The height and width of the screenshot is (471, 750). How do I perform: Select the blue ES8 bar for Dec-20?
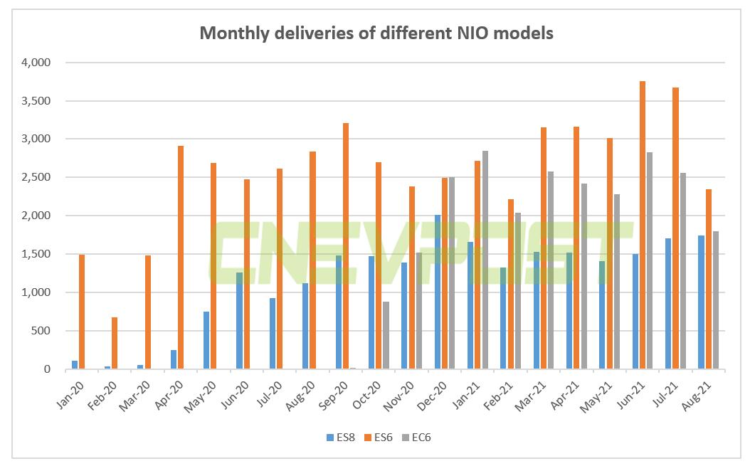pos(438,292)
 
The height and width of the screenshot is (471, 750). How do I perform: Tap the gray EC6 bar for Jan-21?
pos(485,260)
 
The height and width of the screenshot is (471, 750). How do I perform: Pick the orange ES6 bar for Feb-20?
pos(115,343)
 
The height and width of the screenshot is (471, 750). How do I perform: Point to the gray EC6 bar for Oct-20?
pos(386,335)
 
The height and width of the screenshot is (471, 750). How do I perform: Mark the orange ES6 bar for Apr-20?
pos(181,257)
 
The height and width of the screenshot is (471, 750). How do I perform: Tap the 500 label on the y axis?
pos(40,331)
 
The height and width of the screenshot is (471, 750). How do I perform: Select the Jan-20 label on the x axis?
pos(69,390)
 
